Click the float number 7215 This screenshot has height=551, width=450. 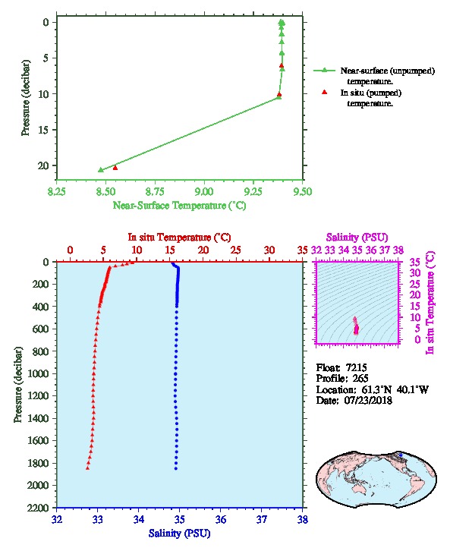tap(356, 367)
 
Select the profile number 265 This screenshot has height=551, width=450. tap(360, 379)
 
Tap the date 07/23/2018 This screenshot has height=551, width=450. tap(368, 400)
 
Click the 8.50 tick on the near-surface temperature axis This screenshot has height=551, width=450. tap(105, 191)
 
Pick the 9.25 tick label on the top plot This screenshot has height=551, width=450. tap(253, 191)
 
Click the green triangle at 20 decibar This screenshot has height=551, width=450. tap(101, 170)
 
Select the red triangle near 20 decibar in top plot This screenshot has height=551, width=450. tap(115, 168)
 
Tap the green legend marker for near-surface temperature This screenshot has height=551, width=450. tap(324, 71)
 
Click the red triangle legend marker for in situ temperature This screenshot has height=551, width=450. tap(325, 92)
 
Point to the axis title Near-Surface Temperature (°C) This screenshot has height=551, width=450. tap(179, 206)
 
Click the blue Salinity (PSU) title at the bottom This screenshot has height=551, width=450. tap(179, 534)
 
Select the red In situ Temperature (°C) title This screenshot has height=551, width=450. tap(179, 238)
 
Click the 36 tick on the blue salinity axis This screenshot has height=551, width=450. tap(221, 519)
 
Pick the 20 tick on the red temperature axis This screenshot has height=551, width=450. tap(203, 250)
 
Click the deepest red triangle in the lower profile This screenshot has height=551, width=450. tap(87, 468)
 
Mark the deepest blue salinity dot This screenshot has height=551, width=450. tap(176, 468)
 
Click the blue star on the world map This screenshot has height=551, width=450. tap(401, 455)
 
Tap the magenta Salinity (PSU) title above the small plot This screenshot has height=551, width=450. tap(357, 238)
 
